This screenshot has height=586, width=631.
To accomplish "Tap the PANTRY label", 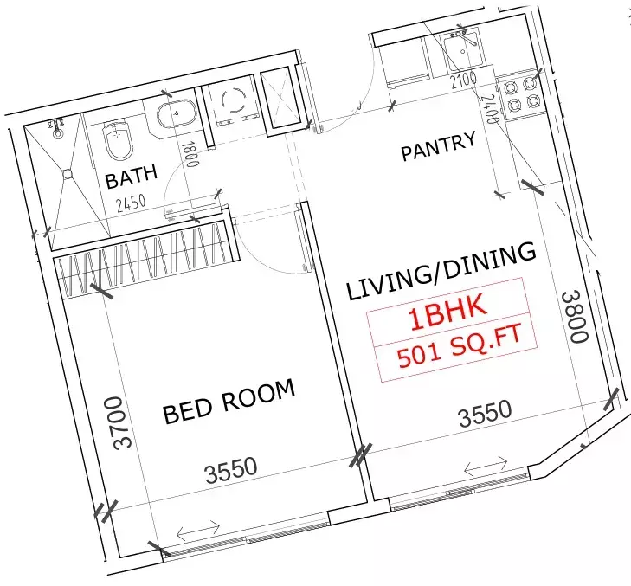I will tap(438, 146).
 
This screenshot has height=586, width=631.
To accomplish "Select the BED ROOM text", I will tap(229, 402).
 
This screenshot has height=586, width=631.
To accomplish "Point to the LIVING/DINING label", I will tap(441, 272).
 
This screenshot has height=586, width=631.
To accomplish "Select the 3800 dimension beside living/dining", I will tap(574, 317).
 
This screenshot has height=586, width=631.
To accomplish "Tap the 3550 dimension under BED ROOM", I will tap(231, 469).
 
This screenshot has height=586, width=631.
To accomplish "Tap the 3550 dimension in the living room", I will tap(484, 414).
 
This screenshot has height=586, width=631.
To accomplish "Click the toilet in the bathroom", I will tap(114, 139).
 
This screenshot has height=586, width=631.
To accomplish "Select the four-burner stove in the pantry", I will tap(523, 95).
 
